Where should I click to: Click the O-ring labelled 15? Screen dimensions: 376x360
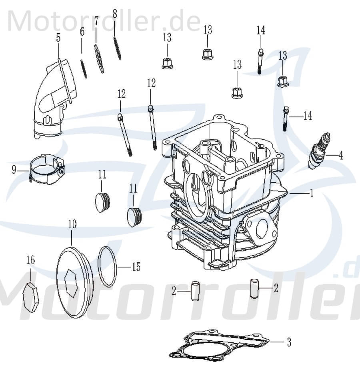coord(107,267)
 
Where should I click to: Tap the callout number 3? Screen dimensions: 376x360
coord(288,342)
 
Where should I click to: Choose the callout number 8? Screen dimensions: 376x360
coord(114,14)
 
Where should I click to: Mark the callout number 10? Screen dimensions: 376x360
coord(72,224)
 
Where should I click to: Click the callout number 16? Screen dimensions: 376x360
coord(30,260)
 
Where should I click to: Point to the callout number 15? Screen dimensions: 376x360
coord(136,267)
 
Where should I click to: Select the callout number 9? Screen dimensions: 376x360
coord(14,170)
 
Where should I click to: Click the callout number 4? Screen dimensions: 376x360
coord(340,155)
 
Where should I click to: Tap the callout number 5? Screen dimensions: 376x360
coord(58,38)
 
